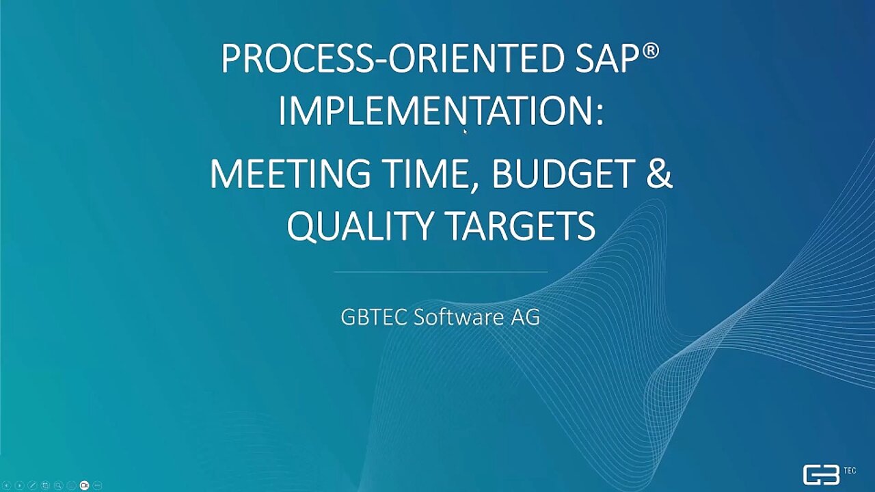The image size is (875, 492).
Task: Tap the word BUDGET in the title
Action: coord(563,173)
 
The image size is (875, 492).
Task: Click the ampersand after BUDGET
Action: coord(659,173)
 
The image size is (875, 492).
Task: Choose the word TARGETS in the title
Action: coord(520,225)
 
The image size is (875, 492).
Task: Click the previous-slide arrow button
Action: coord(7,485)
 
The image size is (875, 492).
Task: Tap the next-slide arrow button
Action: coord(20,485)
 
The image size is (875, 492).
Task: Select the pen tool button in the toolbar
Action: coord(32,485)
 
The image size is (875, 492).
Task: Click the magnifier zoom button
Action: coord(58,485)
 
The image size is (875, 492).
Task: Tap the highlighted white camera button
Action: coord(84,485)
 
